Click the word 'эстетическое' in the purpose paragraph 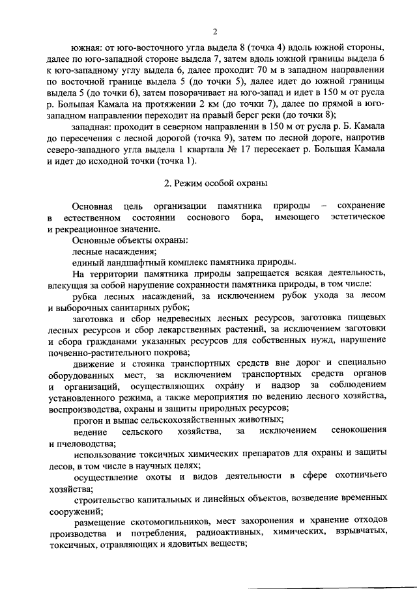[358, 217]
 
